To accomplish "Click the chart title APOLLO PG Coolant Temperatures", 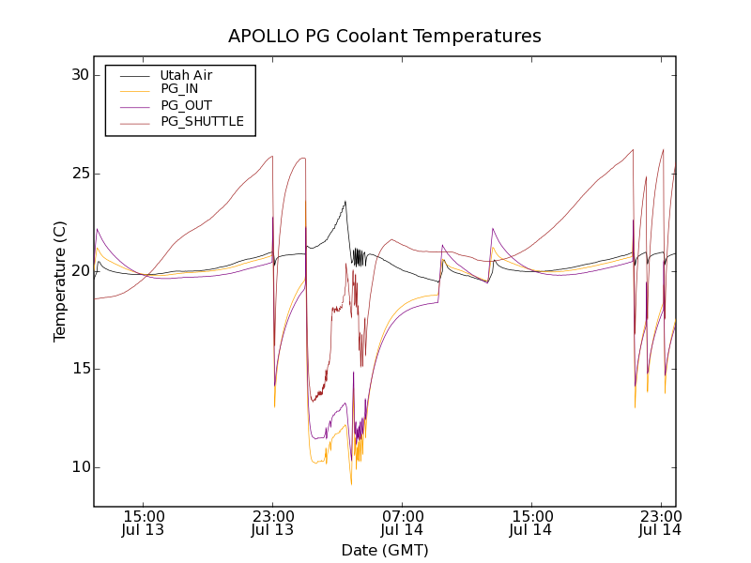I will click(x=385, y=37).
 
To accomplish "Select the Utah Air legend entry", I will click(x=185, y=75).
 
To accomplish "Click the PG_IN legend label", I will click(x=179, y=89).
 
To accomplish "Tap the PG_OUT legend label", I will click(x=186, y=105).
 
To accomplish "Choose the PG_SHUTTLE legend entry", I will click(x=202, y=121).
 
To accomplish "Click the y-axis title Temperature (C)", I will click(x=60, y=281).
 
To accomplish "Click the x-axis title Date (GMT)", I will click(x=385, y=550).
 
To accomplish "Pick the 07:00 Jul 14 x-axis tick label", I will click(x=402, y=523).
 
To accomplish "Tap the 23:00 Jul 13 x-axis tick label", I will click(x=272, y=523).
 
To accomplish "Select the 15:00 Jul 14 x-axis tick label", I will click(x=531, y=523).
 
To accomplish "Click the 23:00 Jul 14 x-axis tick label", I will click(x=660, y=523).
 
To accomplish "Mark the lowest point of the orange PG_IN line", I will click(x=351, y=484).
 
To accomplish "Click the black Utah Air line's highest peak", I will click(x=345, y=201).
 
